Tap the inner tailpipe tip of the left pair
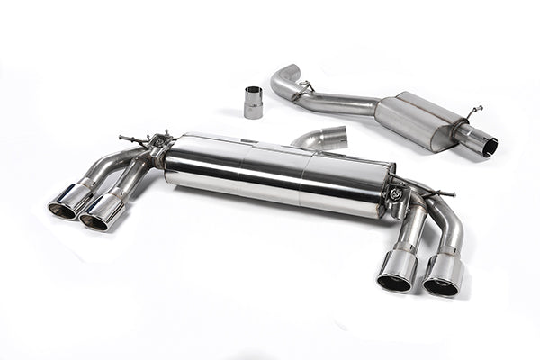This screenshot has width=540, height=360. click(x=102, y=211)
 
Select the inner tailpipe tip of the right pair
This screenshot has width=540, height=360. click(x=397, y=269)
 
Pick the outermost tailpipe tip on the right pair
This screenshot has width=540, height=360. click(x=443, y=274)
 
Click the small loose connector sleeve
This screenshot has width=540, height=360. click(x=254, y=102)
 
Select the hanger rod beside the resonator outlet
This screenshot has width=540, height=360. click(x=472, y=112)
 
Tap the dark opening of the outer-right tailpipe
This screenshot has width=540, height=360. click(x=440, y=287)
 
